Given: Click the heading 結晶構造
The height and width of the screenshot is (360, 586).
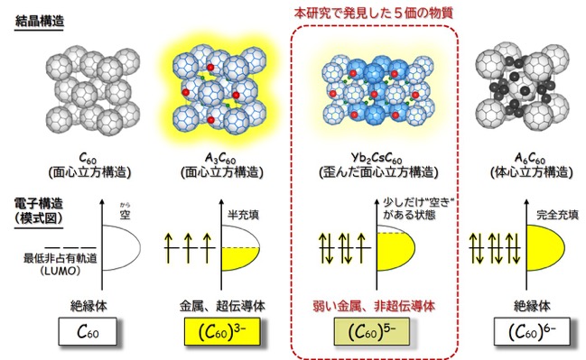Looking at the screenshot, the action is pyautogui.click(x=39, y=21).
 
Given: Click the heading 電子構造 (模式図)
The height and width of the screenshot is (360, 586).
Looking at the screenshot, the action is pyautogui.click(x=39, y=211).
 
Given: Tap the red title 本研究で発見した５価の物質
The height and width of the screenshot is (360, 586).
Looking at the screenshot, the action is pyautogui.click(x=373, y=13).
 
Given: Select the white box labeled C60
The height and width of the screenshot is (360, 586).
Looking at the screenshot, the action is pyautogui.click(x=88, y=332).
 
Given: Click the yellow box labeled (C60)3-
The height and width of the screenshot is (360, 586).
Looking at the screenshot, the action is pyautogui.click(x=222, y=332).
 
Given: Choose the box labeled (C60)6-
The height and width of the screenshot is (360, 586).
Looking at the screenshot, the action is pyautogui.click(x=532, y=332).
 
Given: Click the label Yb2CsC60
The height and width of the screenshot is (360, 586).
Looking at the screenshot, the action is pyautogui.click(x=377, y=158).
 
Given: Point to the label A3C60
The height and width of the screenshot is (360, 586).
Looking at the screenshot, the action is pyautogui.click(x=220, y=158).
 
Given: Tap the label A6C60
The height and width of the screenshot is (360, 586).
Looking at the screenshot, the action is pyautogui.click(x=530, y=158).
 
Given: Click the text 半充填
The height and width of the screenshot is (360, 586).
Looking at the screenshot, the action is pyautogui.click(x=243, y=215).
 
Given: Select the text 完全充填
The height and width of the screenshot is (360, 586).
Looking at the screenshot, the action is pyautogui.click(x=557, y=215).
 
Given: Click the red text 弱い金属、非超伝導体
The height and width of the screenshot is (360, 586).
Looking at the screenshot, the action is pyautogui.click(x=374, y=306).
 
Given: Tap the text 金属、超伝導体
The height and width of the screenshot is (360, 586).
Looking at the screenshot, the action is pyautogui.click(x=222, y=306).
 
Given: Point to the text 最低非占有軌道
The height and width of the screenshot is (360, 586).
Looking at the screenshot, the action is pyautogui.click(x=60, y=258).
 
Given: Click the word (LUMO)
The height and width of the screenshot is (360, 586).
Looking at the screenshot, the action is pyautogui.click(x=60, y=271).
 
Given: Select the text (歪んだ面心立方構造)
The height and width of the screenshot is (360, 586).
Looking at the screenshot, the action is pyautogui.click(x=378, y=172).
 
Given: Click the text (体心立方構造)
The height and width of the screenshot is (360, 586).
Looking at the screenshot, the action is pyautogui.click(x=531, y=172).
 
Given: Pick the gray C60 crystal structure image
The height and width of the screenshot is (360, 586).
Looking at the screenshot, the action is pyautogui.click(x=93, y=90).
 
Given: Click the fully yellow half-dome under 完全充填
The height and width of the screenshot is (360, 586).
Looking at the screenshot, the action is pyautogui.click(x=544, y=247).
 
